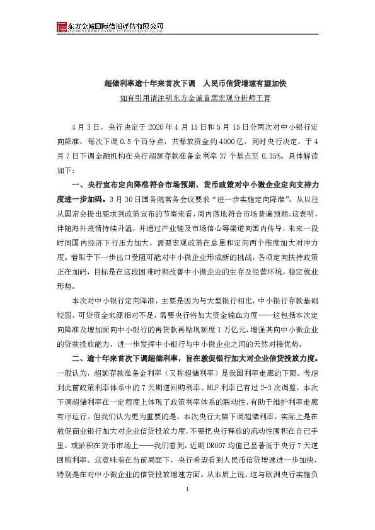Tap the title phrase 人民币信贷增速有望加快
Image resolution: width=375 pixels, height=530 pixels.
pos(239,82)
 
